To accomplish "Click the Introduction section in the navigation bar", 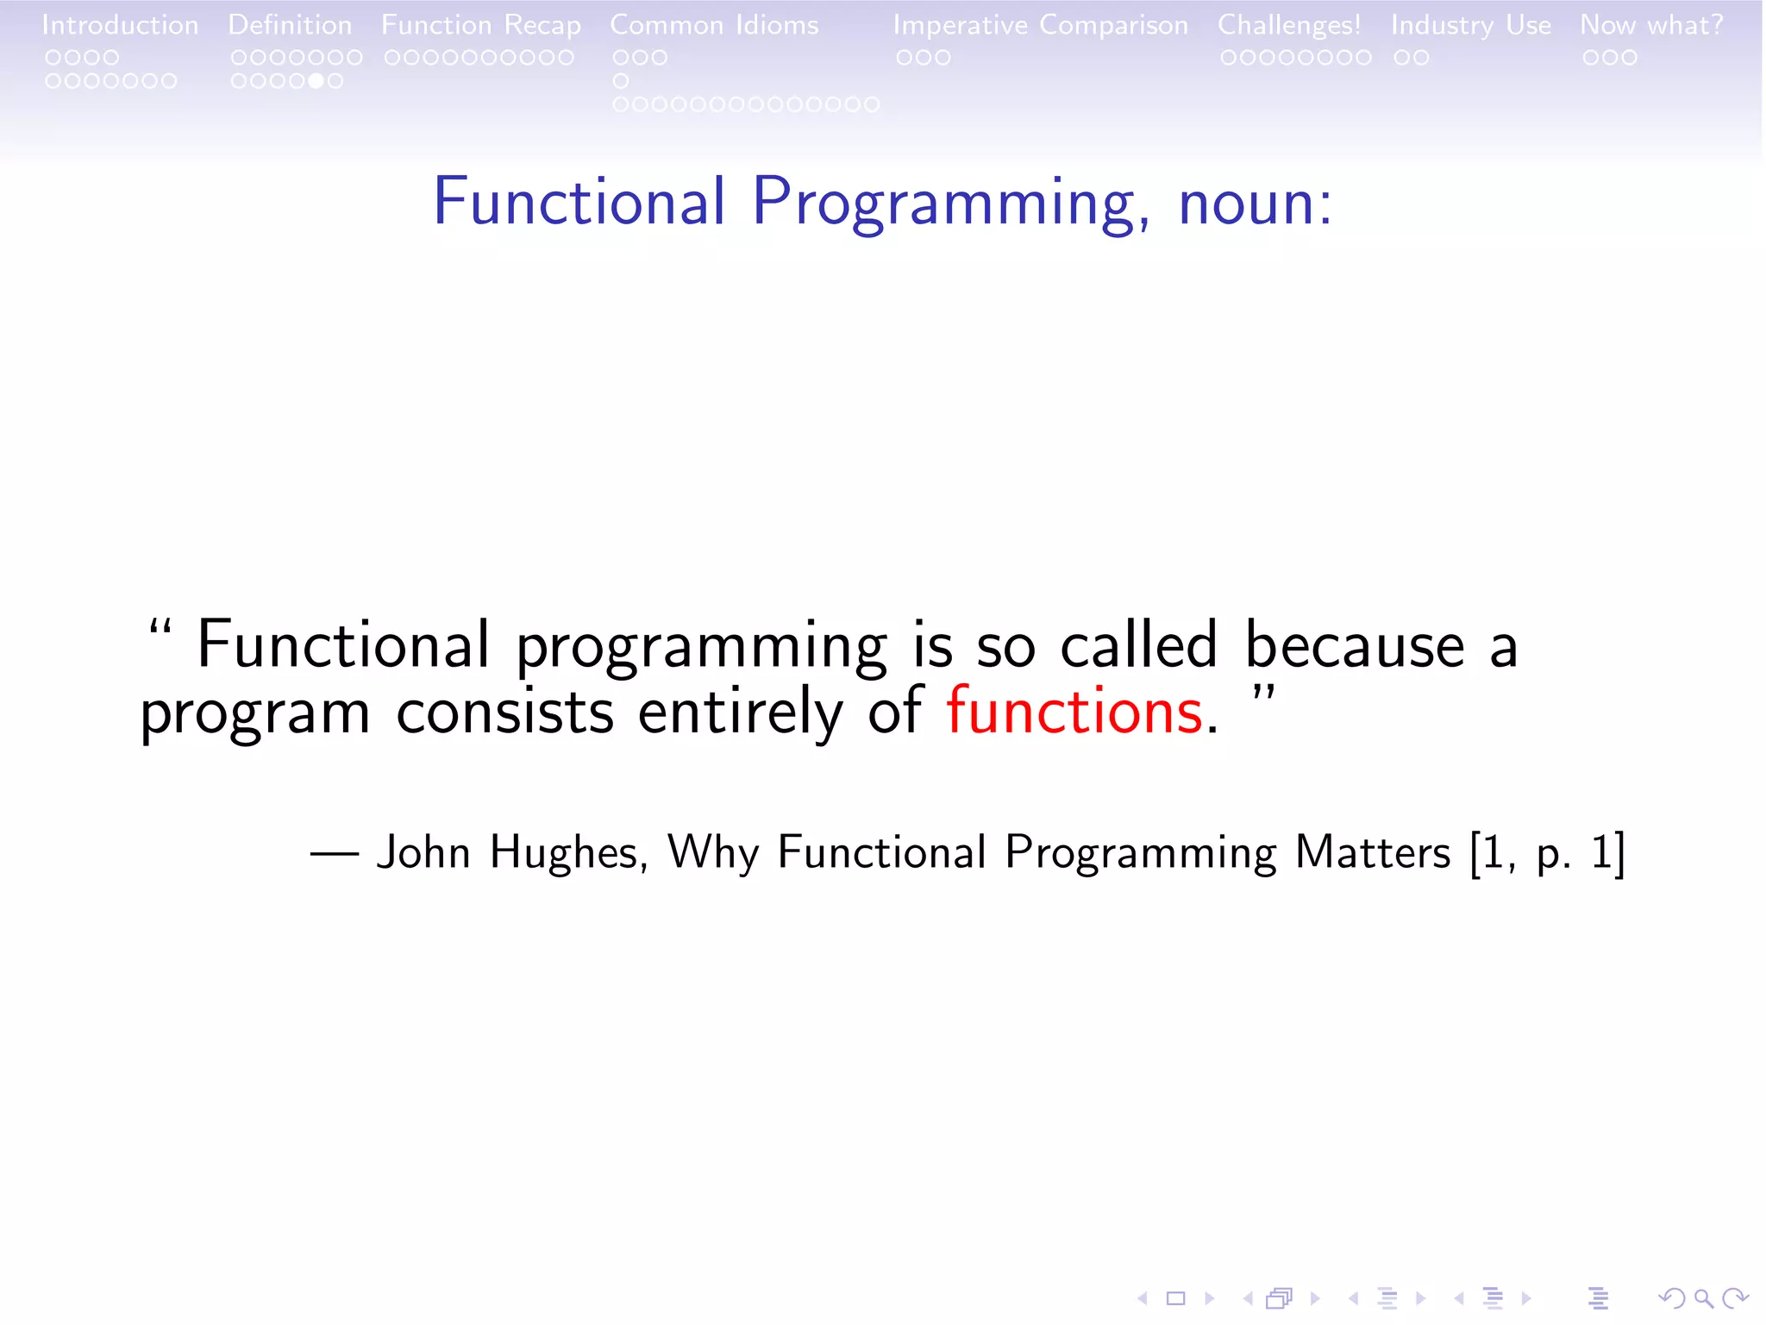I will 120,25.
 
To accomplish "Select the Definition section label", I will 290,25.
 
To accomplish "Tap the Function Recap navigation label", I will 481,25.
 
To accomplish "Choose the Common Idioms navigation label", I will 714,25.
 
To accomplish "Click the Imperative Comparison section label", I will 1040,25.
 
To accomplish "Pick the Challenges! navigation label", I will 1289,25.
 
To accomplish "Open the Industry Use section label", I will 1470,25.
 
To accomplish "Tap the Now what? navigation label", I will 1651,25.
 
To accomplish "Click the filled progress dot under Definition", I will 316,81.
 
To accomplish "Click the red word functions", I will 1074,712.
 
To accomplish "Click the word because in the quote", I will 1354,645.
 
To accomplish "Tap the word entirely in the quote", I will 740,712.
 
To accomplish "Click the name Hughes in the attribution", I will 565,852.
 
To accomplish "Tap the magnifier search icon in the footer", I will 1703,1298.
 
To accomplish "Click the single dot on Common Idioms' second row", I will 621,81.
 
